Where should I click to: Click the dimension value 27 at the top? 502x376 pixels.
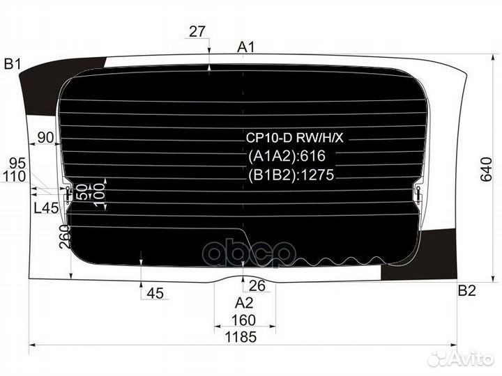[197, 31]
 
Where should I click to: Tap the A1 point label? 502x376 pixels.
[246, 47]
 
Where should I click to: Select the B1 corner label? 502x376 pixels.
[13, 64]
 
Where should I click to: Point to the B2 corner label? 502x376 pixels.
[466, 290]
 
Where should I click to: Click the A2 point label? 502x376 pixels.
[244, 302]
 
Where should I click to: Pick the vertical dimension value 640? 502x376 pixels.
[486, 169]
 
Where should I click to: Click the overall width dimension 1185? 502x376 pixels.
[241, 337]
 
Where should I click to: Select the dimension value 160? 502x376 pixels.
[244, 320]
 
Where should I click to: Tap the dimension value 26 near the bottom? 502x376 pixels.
[257, 285]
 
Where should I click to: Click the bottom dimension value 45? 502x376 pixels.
[155, 293]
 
